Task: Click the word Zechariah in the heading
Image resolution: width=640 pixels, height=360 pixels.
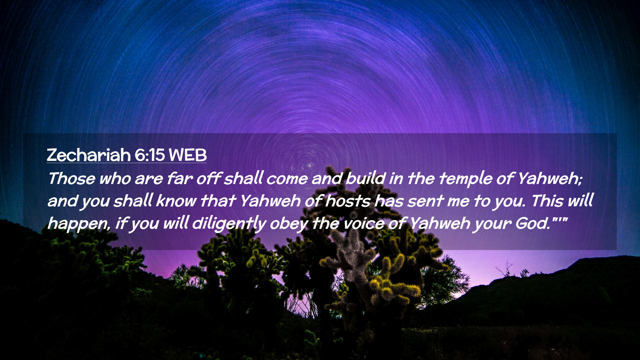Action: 89,155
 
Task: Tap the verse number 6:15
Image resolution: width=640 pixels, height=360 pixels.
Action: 150,155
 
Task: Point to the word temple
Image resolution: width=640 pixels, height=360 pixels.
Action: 465,179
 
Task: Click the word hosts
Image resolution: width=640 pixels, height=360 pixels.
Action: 348,201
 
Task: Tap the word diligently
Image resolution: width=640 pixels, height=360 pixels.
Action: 229,223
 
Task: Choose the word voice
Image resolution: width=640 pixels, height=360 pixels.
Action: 364,224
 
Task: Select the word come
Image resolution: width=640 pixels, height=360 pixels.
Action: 287,179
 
